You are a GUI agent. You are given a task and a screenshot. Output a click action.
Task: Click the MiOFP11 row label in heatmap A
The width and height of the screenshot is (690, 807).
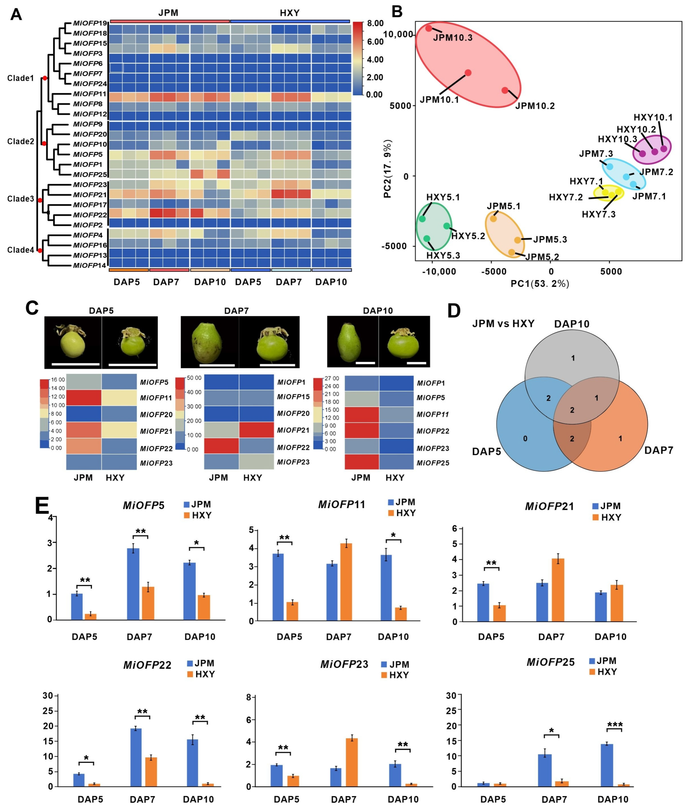pos(90,94)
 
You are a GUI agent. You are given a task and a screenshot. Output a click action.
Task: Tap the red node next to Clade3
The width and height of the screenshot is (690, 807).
pos(40,200)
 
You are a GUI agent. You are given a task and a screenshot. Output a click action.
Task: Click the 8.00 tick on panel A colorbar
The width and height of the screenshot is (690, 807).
pos(375,23)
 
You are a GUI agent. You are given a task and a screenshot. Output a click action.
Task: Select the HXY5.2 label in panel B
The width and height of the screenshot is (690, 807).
pos(468,236)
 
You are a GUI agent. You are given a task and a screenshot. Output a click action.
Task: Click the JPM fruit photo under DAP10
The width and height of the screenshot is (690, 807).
pos(353,341)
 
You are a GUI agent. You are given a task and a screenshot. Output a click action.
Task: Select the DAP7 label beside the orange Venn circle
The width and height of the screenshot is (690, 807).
pos(659,450)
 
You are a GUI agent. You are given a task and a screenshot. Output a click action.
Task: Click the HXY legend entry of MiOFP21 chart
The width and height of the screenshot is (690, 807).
pos(606,517)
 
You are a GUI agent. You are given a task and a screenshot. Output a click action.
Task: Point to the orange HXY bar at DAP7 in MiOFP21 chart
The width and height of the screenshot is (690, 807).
pos(558,590)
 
